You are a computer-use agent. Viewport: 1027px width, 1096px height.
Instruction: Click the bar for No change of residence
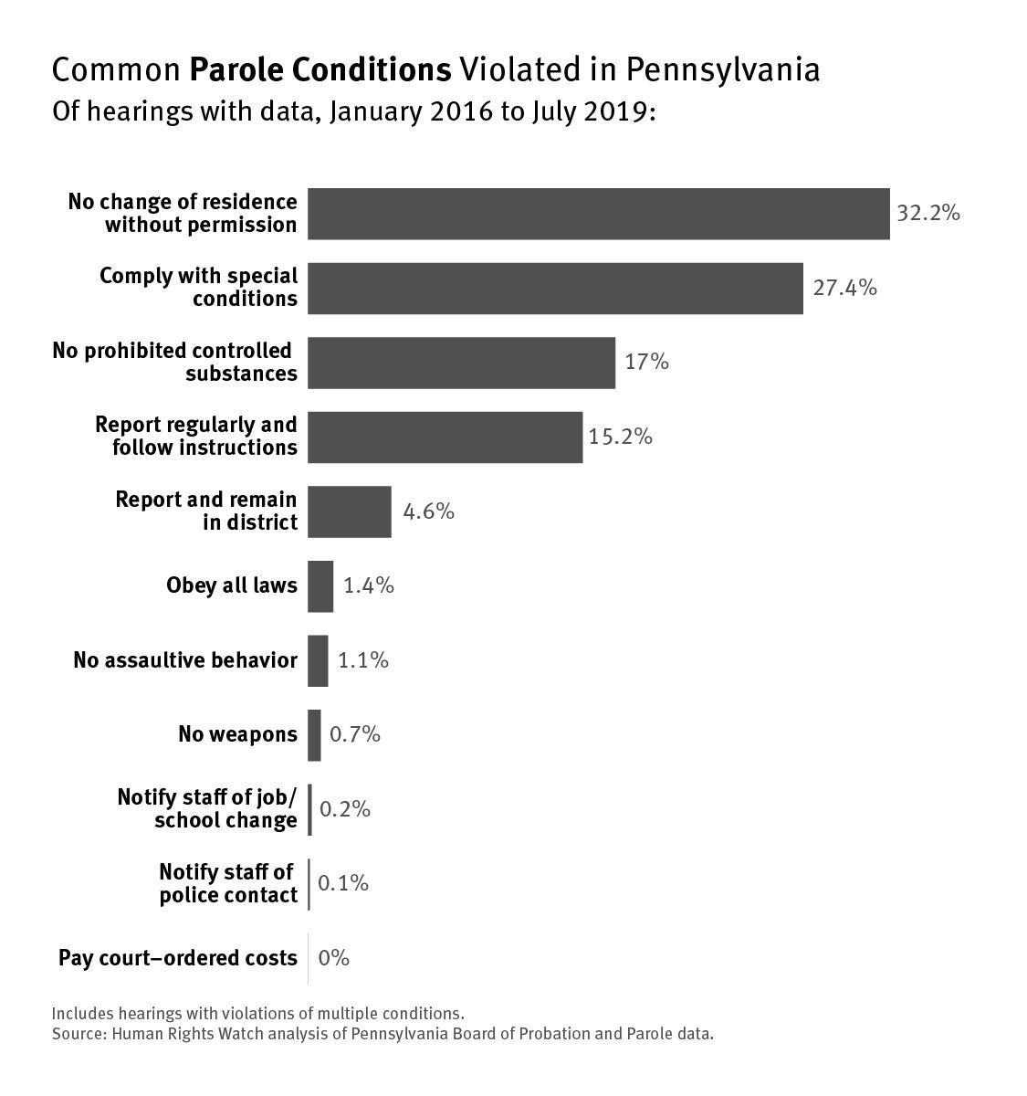[598, 214]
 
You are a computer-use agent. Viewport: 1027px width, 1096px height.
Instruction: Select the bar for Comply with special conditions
[555, 289]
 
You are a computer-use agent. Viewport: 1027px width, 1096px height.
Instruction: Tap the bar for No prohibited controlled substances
[461, 363]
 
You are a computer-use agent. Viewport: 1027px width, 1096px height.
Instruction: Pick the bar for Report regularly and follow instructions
[445, 437]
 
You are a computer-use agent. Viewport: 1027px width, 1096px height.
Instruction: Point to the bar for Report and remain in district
[349, 511]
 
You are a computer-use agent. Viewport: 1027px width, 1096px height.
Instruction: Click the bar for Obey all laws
[320, 586]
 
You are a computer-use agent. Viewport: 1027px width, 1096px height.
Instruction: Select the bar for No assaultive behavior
[318, 660]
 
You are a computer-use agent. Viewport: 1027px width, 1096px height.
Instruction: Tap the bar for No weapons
[314, 735]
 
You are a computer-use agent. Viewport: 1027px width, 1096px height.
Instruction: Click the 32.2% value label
[927, 214]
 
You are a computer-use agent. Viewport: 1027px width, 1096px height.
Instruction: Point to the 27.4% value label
[844, 289]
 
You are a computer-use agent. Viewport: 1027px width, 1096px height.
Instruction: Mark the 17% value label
[646, 363]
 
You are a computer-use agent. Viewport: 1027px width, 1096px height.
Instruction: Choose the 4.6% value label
[428, 511]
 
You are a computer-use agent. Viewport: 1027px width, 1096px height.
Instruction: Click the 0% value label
[334, 958]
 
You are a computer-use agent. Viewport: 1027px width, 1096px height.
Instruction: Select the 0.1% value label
[343, 883]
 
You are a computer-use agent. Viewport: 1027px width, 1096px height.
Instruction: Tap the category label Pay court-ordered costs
[178, 958]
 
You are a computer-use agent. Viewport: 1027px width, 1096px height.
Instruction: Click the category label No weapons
[237, 735]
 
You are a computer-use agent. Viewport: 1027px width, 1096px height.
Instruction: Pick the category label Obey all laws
[232, 586]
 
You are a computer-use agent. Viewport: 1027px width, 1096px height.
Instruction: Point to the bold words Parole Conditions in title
[320, 70]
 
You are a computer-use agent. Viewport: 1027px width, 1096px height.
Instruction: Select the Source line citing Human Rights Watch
[383, 1035]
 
